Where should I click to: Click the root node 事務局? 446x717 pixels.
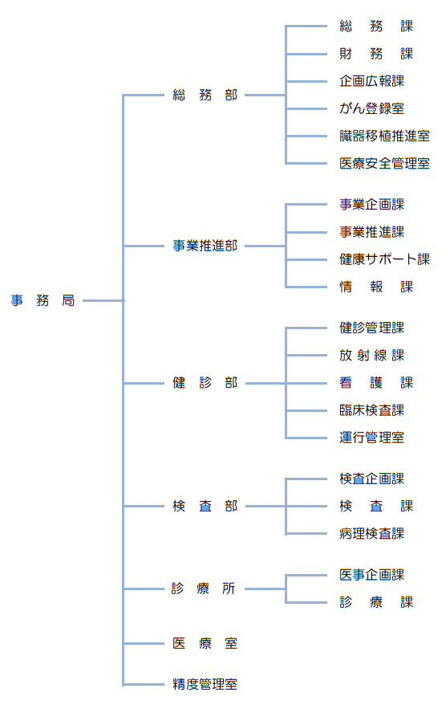coord(43,300)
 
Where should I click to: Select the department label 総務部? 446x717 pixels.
coord(205,95)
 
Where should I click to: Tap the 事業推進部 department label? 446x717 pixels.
coord(205,246)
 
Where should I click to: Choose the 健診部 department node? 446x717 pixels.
coord(205,383)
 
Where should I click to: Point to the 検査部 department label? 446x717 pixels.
coord(205,506)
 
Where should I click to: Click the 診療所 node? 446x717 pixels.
coord(204,589)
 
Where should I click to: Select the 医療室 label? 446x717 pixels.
coord(205,643)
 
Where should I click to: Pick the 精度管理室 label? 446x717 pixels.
coord(205,685)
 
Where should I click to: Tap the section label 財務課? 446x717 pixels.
coord(376,54)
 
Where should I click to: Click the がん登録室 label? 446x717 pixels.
coord(372,108)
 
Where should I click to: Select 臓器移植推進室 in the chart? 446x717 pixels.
coord(385,136)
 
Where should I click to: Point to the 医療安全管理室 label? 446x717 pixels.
coord(385,163)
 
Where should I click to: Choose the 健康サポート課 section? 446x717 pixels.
coord(385,259)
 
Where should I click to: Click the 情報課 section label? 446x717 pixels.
coord(376,287)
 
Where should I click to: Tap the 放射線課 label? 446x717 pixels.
coord(372,356)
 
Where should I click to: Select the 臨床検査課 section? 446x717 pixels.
coord(372,410)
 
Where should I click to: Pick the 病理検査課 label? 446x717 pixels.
coord(372,534)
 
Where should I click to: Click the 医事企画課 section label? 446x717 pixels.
coord(372,575)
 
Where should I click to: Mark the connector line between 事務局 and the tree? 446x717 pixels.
coord(103,300)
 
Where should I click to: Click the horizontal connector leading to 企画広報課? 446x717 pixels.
coord(306,81)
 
